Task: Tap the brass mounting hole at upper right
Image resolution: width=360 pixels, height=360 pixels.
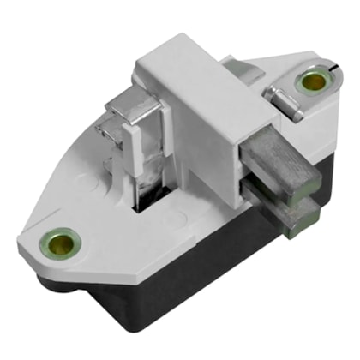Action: (x=311, y=82)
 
